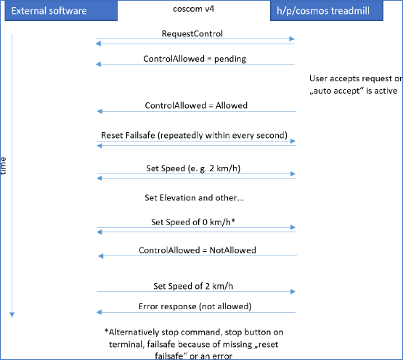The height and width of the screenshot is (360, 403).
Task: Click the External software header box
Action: [x=61, y=11]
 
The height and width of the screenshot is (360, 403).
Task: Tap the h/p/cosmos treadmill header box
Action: [x=327, y=11]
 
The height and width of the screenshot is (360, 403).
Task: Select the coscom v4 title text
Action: [x=194, y=9]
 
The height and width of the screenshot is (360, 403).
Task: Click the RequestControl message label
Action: [x=192, y=33]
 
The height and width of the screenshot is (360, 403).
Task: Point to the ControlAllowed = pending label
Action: [x=195, y=59]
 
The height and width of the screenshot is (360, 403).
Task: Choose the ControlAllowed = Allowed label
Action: [x=196, y=106]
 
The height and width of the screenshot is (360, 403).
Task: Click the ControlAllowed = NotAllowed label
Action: [x=198, y=250]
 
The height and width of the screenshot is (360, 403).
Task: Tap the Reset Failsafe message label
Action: [x=195, y=135]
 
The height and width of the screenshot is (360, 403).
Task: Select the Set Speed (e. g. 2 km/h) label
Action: [x=193, y=168]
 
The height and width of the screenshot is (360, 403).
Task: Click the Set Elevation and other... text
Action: [x=194, y=198]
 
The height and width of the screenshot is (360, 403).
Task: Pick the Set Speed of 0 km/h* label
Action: [x=193, y=222]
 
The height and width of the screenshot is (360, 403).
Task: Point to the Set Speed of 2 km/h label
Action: [x=193, y=286]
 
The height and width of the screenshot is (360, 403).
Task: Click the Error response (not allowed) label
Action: [x=195, y=306]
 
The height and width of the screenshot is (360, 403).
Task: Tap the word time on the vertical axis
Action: [x=3, y=166]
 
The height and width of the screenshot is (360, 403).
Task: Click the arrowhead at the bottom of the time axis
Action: [x=12, y=315]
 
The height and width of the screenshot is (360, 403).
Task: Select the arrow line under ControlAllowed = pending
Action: [x=195, y=65]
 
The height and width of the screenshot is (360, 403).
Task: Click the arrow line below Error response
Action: [x=196, y=312]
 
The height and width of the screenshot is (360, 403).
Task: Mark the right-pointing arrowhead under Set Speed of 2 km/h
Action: [x=293, y=291]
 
